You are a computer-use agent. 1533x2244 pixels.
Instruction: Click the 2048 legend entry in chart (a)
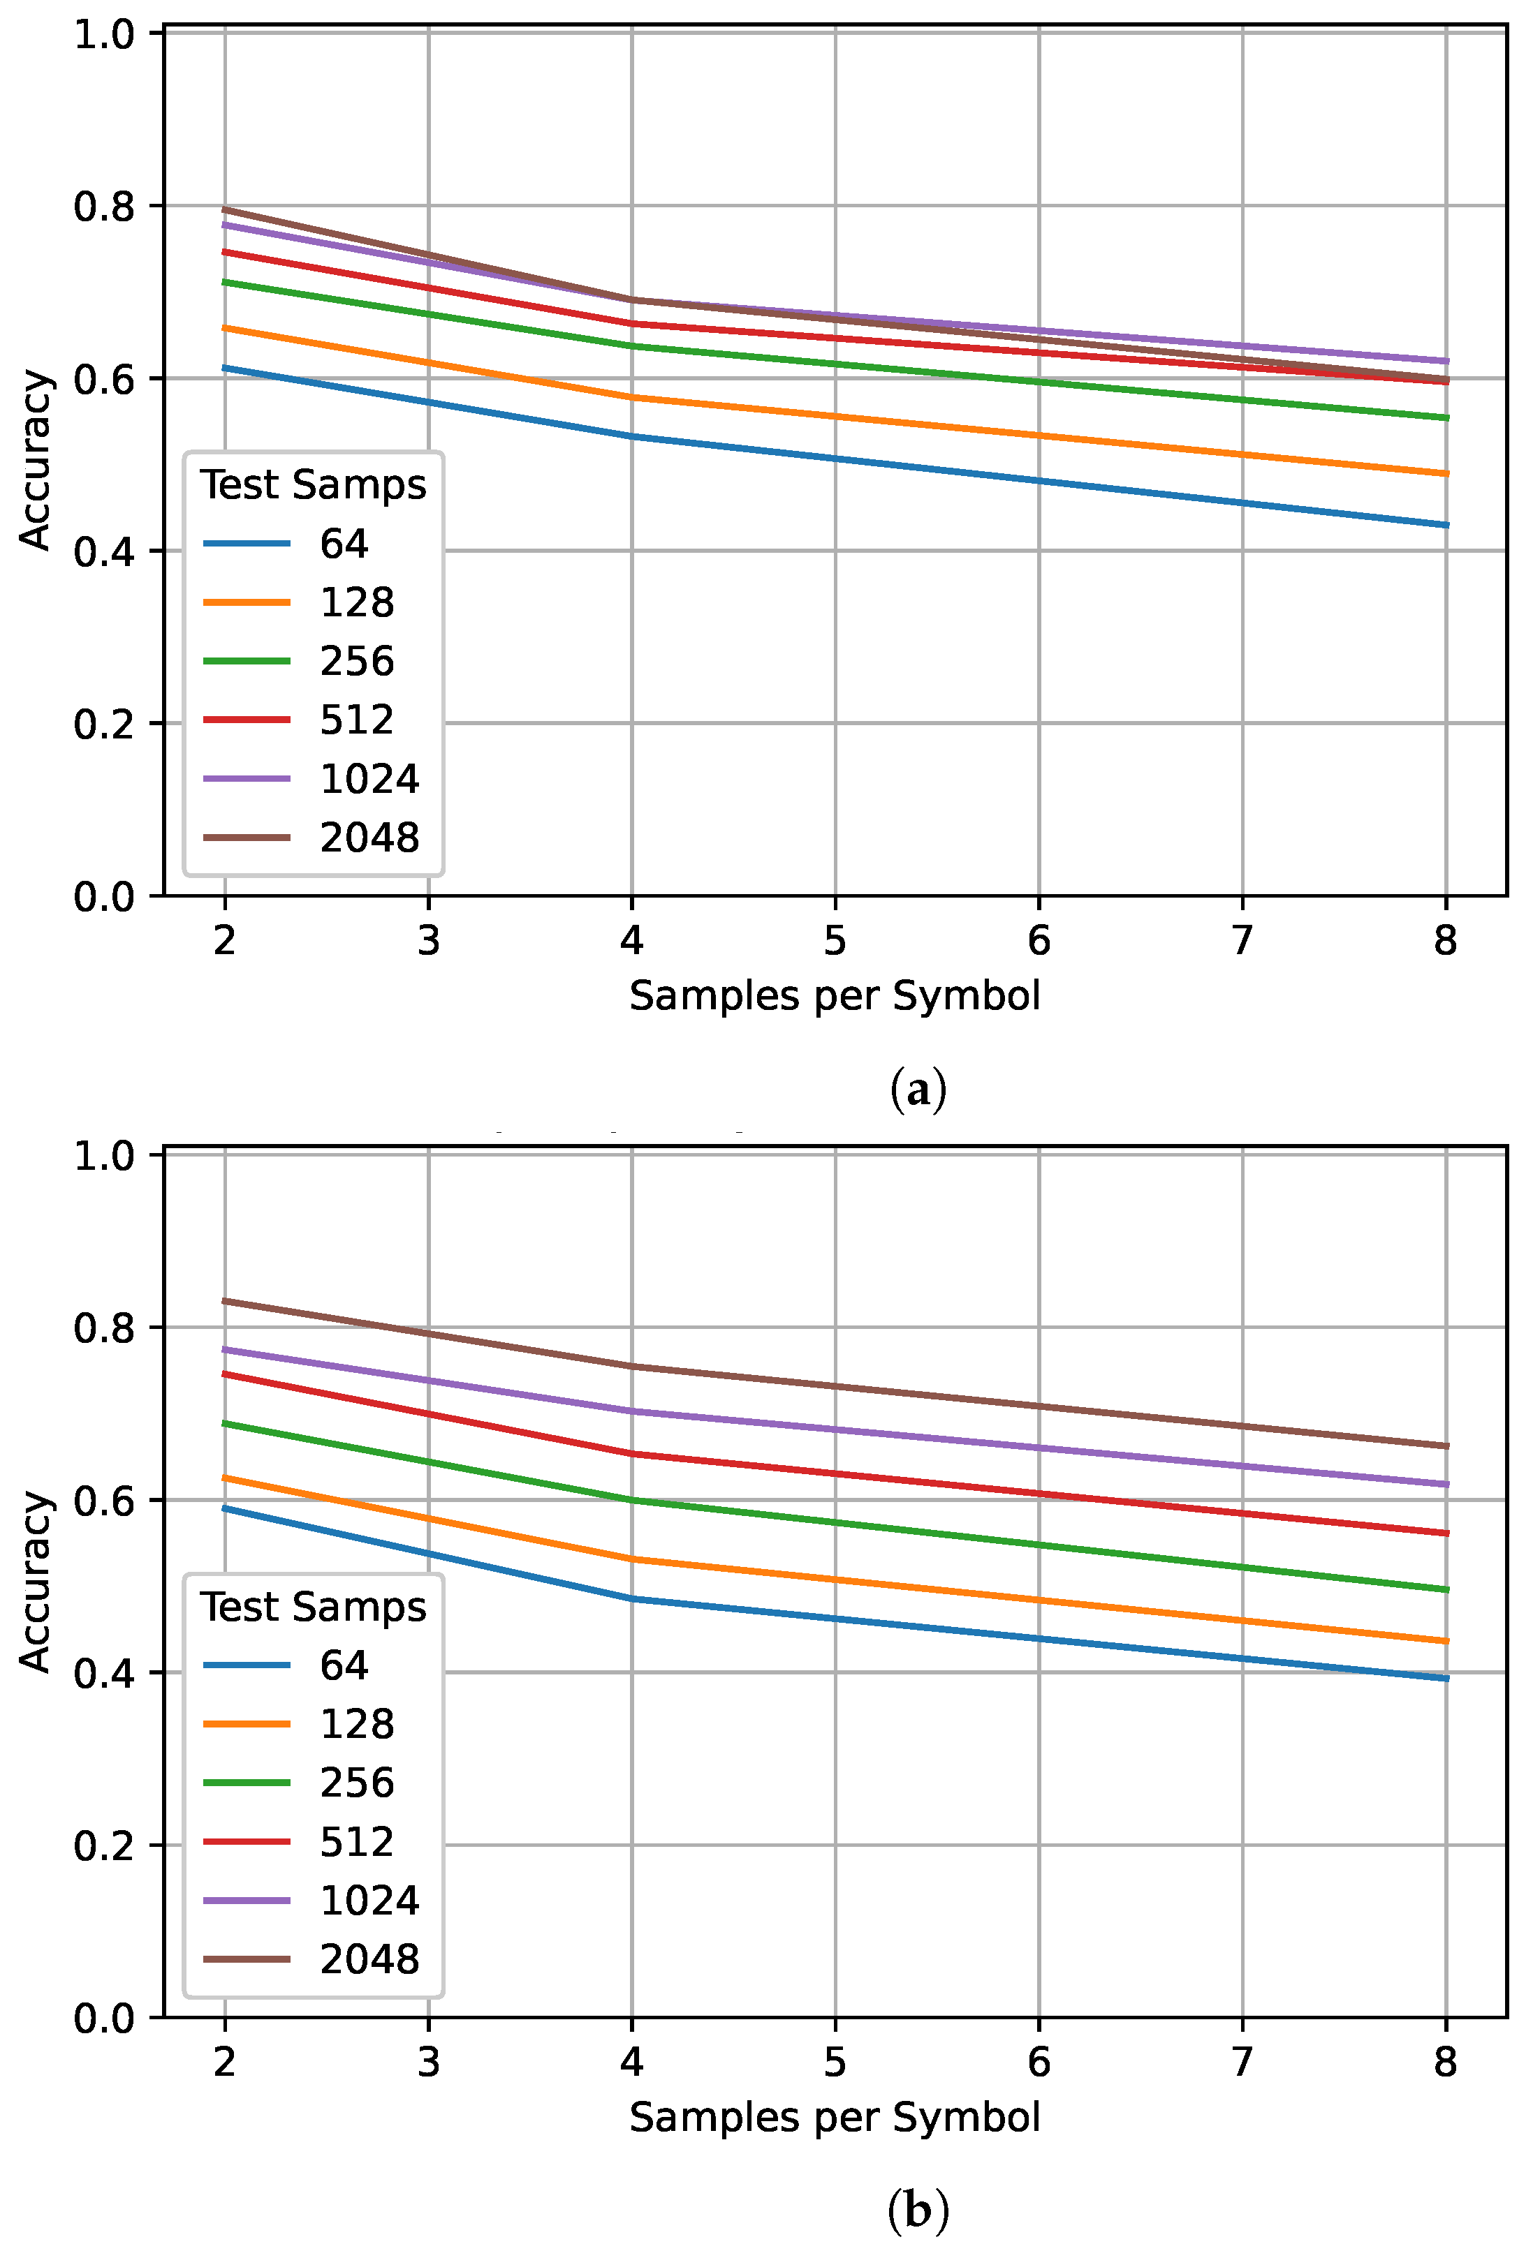[x=369, y=837]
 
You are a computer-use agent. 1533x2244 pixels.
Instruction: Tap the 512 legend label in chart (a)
[x=356, y=720]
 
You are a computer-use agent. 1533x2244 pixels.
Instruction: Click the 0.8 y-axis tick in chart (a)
[x=103, y=207]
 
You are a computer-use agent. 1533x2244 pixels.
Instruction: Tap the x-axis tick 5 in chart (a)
[x=835, y=939]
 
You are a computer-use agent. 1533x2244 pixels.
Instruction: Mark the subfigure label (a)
[x=918, y=1089]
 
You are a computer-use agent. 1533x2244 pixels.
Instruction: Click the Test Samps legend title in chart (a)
[x=313, y=484]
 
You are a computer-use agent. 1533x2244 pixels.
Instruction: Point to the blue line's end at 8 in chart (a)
[x=1445, y=526]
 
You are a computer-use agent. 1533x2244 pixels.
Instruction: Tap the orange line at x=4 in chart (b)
[x=632, y=1559]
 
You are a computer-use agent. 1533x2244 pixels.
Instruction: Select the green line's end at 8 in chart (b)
[x=1445, y=1589]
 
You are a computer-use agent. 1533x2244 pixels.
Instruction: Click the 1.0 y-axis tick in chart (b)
[x=103, y=1156]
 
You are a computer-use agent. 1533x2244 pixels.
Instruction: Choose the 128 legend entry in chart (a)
[x=356, y=602]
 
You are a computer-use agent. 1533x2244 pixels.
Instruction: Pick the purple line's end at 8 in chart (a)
[x=1445, y=361]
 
